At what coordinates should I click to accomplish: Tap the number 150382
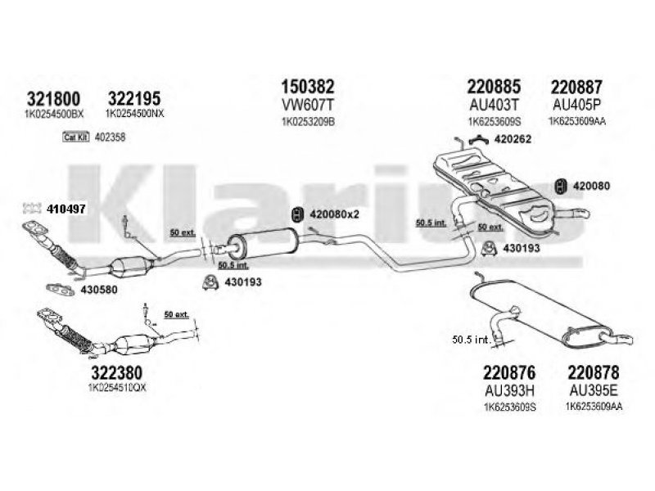click(x=308, y=86)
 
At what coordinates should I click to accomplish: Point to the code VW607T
click(x=308, y=106)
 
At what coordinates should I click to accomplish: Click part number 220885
click(x=495, y=86)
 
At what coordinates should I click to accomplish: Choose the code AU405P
click(x=576, y=106)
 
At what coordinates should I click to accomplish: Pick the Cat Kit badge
click(x=75, y=137)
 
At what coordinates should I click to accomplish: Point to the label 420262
click(x=515, y=139)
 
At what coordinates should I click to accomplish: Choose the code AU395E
click(x=593, y=390)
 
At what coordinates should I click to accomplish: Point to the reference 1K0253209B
click(x=308, y=122)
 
